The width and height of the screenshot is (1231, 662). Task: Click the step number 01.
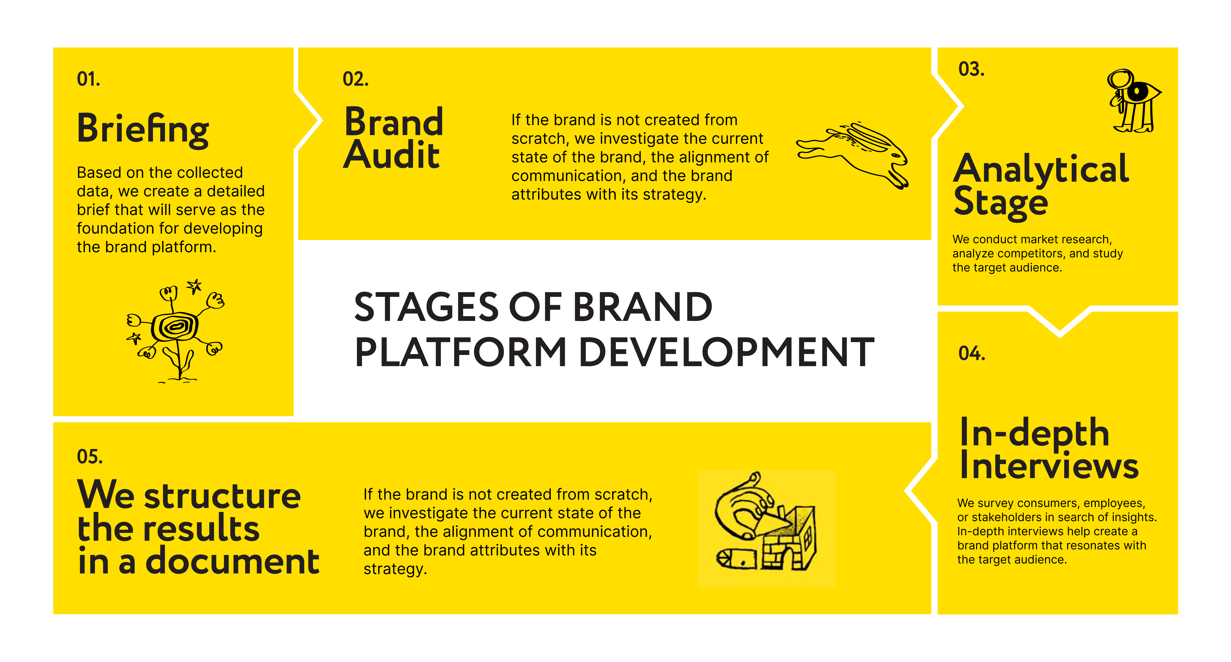88,79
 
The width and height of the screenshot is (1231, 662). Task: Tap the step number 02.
356,79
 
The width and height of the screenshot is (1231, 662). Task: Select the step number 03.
971,69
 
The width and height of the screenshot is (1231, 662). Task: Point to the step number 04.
971,353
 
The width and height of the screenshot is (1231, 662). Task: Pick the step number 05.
90,457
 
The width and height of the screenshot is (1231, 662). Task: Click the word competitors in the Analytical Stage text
1030,254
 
